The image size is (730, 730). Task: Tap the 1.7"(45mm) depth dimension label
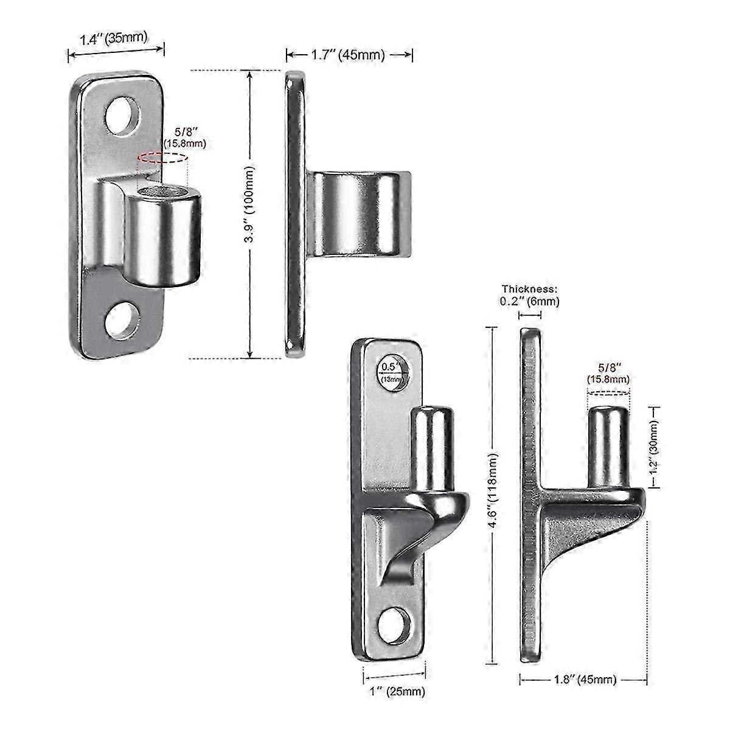[348, 55]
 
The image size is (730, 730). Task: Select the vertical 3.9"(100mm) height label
[248, 214]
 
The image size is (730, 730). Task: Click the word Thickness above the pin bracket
[529, 290]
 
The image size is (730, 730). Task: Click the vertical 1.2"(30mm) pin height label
[653, 445]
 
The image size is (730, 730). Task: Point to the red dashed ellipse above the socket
[162, 159]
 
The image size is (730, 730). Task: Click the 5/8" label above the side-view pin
[608, 373]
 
